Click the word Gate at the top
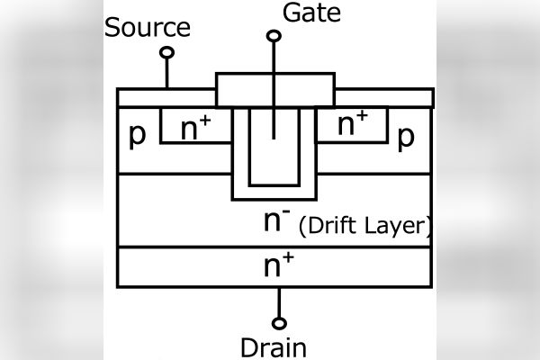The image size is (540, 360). tap(305, 13)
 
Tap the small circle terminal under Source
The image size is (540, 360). tap(166, 52)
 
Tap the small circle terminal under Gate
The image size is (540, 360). tap(274, 36)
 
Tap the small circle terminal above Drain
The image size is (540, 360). tap(281, 322)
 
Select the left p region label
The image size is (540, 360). tap(137, 134)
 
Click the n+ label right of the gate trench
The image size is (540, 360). tap(353, 124)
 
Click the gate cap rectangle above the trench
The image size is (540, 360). tap(275, 88)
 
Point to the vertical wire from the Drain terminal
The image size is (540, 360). tap(280, 302)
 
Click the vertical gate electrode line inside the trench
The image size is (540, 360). tap(274, 121)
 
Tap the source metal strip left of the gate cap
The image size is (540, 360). tap(167, 96)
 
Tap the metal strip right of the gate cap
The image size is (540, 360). tap(384, 96)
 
